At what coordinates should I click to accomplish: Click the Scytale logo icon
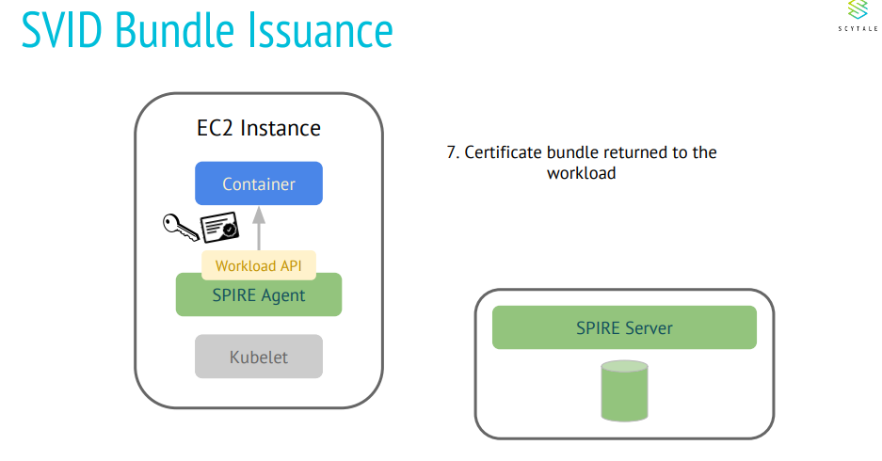(856, 11)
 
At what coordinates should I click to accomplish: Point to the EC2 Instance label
(251, 128)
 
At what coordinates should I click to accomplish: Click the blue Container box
(259, 184)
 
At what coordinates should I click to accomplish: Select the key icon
(180, 227)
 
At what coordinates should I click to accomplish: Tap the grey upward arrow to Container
(259, 227)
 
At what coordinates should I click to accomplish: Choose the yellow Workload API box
(259, 266)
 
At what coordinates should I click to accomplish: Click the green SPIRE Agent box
(259, 296)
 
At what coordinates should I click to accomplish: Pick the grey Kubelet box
(259, 358)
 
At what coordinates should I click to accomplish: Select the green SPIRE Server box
(624, 328)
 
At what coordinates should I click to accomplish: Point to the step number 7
(452, 152)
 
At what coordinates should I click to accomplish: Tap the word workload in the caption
(581, 173)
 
